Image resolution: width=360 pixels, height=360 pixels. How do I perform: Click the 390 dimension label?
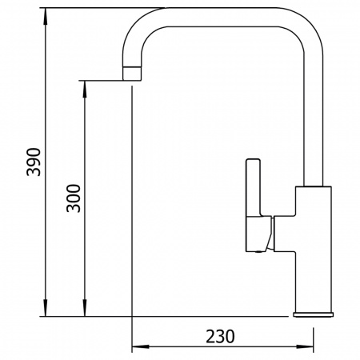(34, 162)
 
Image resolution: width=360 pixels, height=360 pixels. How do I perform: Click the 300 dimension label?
(74, 198)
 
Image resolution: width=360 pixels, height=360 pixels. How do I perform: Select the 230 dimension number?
(220, 336)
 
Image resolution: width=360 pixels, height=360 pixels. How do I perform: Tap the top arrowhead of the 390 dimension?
(46, 17)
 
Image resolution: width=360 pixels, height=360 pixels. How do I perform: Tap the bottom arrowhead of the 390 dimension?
(46, 308)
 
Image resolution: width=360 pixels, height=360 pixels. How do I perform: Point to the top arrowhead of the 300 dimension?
(85, 89)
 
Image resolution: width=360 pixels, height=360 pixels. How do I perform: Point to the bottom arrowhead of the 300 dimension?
(85, 308)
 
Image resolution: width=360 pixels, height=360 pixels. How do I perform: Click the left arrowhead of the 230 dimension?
(141, 346)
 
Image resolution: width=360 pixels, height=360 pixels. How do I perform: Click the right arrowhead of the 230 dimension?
(305, 346)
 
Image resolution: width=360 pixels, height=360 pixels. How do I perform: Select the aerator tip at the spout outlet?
(132, 73)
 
